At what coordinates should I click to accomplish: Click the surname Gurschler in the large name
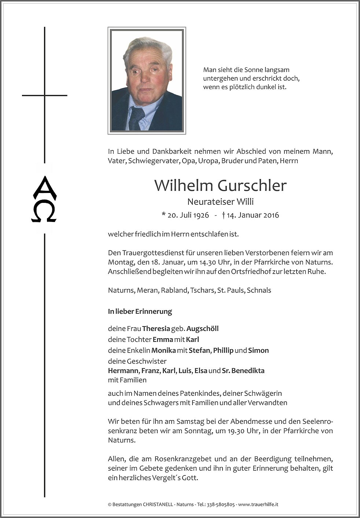coord(252,186)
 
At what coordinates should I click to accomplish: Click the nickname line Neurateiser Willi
coord(220,202)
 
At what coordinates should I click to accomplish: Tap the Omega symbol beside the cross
coord(44,213)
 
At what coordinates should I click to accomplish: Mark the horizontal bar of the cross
coord(44,95)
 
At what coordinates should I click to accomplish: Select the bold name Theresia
coord(156,329)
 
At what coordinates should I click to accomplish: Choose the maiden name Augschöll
coord(202,329)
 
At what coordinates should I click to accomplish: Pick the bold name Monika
coord(164,350)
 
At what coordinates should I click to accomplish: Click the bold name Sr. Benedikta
coord(243,371)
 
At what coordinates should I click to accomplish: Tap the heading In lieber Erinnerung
coord(140,311)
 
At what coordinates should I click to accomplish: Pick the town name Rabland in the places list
coord(175,290)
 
